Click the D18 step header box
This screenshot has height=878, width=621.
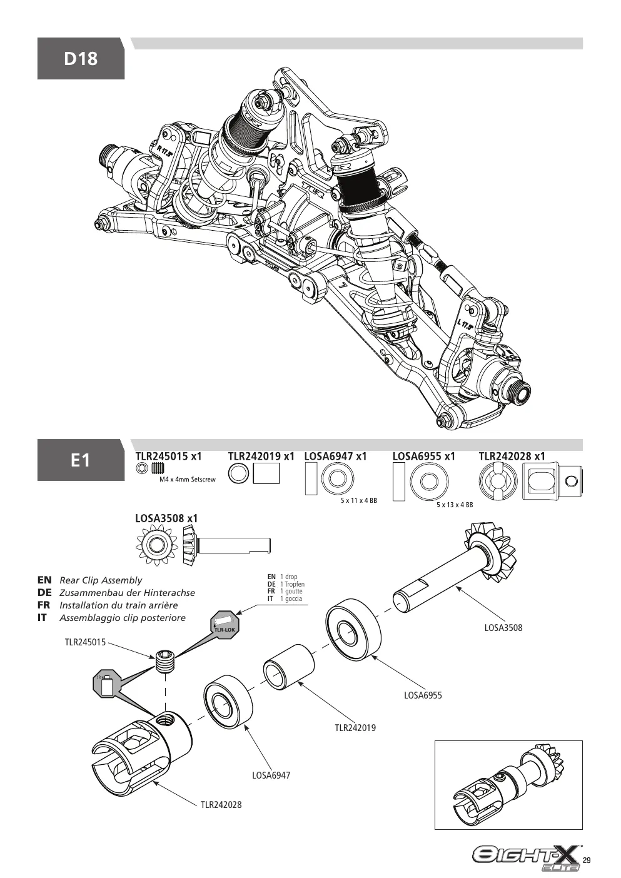[x=81, y=59]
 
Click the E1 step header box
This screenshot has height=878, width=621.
[x=81, y=460]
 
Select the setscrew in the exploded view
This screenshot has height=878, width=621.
[x=165, y=661]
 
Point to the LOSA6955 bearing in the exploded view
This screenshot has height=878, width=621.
[x=353, y=631]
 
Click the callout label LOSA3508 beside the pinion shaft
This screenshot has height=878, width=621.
[x=503, y=627]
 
